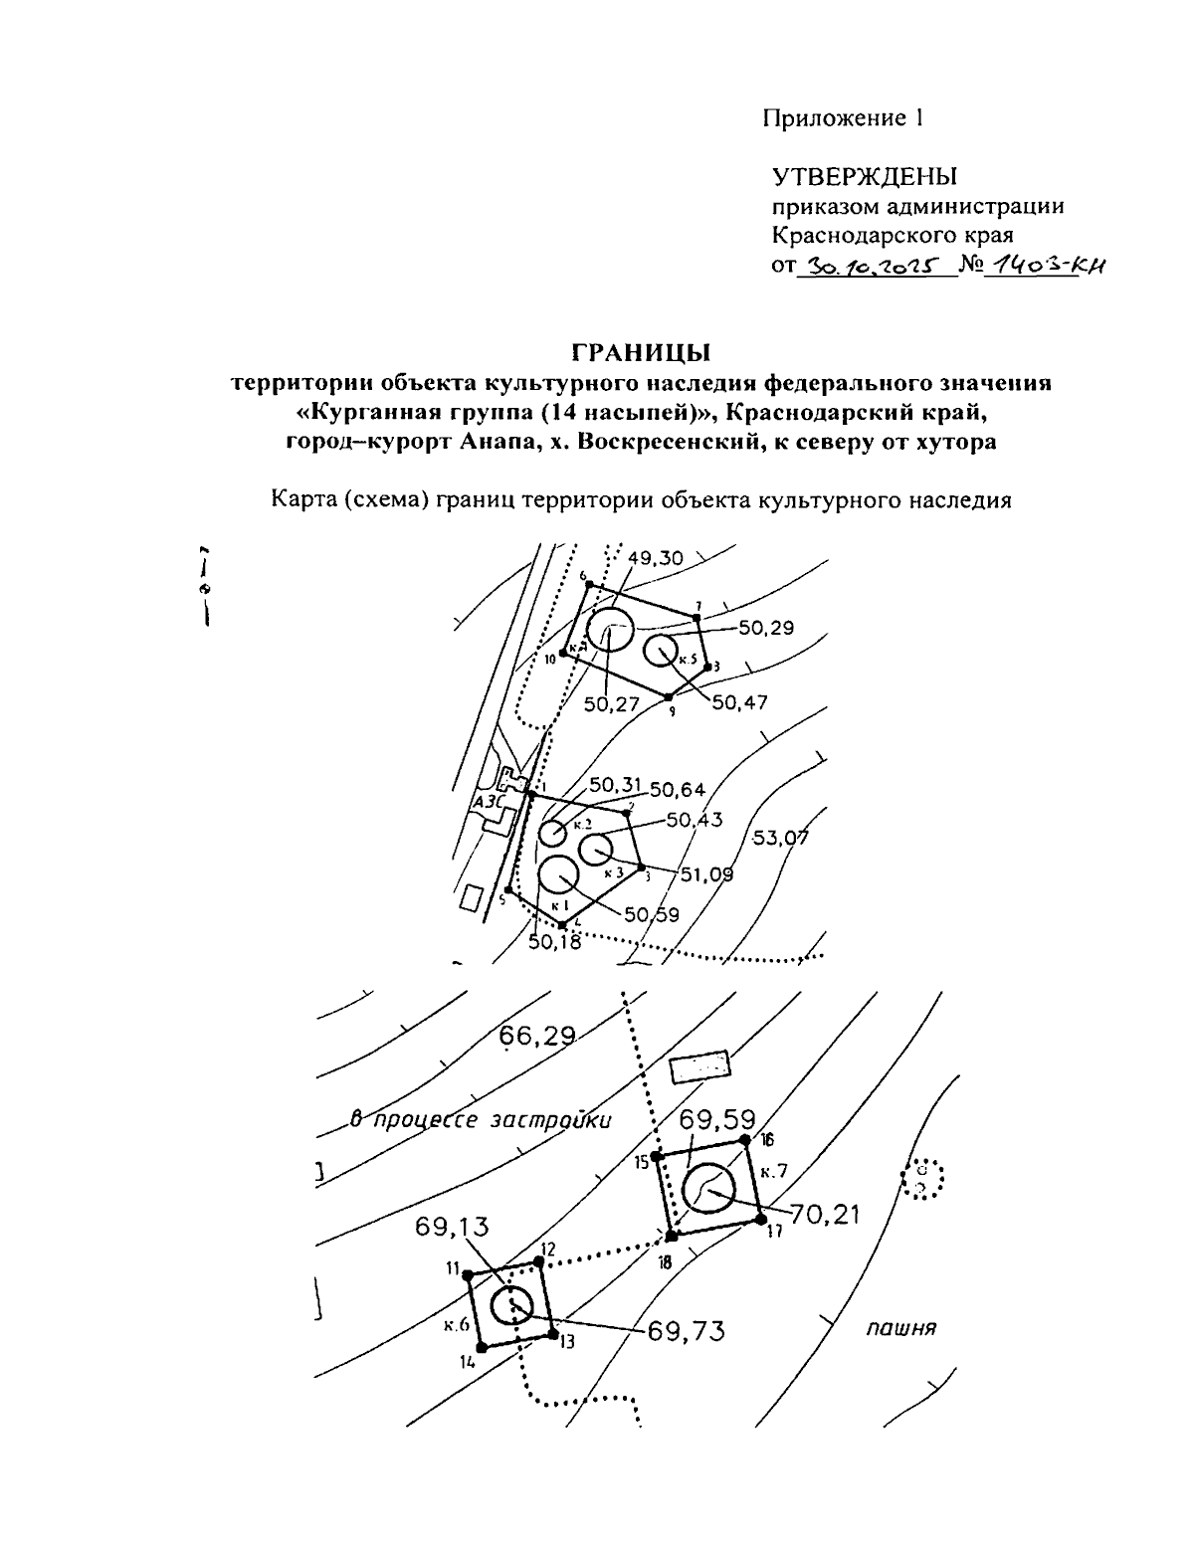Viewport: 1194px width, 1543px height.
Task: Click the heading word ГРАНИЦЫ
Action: [x=641, y=353]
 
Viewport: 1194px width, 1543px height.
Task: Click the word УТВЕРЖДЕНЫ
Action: [x=865, y=177]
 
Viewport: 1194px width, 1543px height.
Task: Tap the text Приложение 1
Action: [x=844, y=118]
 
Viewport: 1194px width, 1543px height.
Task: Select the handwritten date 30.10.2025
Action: [x=865, y=267]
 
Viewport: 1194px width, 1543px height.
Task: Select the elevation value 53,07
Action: [x=780, y=838]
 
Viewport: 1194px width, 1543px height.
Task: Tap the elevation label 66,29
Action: [x=537, y=1037]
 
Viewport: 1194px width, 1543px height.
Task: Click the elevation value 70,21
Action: [x=825, y=1214]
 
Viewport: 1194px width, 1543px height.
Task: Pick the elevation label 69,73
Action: [x=686, y=1330]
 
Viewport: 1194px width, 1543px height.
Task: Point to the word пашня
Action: [x=902, y=1328]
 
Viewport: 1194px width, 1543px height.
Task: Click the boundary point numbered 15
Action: [x=657, y=1159]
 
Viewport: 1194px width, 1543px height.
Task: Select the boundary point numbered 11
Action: [x=468, y=1274]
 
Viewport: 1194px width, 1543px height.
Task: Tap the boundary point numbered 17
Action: [x=760, y=1219]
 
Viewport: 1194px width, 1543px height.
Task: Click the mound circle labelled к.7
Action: [x=708, y=1187]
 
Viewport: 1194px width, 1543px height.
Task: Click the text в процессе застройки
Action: [x=482, y=1119]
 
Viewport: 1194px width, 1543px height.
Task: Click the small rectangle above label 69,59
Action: [x=699, y=1066]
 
